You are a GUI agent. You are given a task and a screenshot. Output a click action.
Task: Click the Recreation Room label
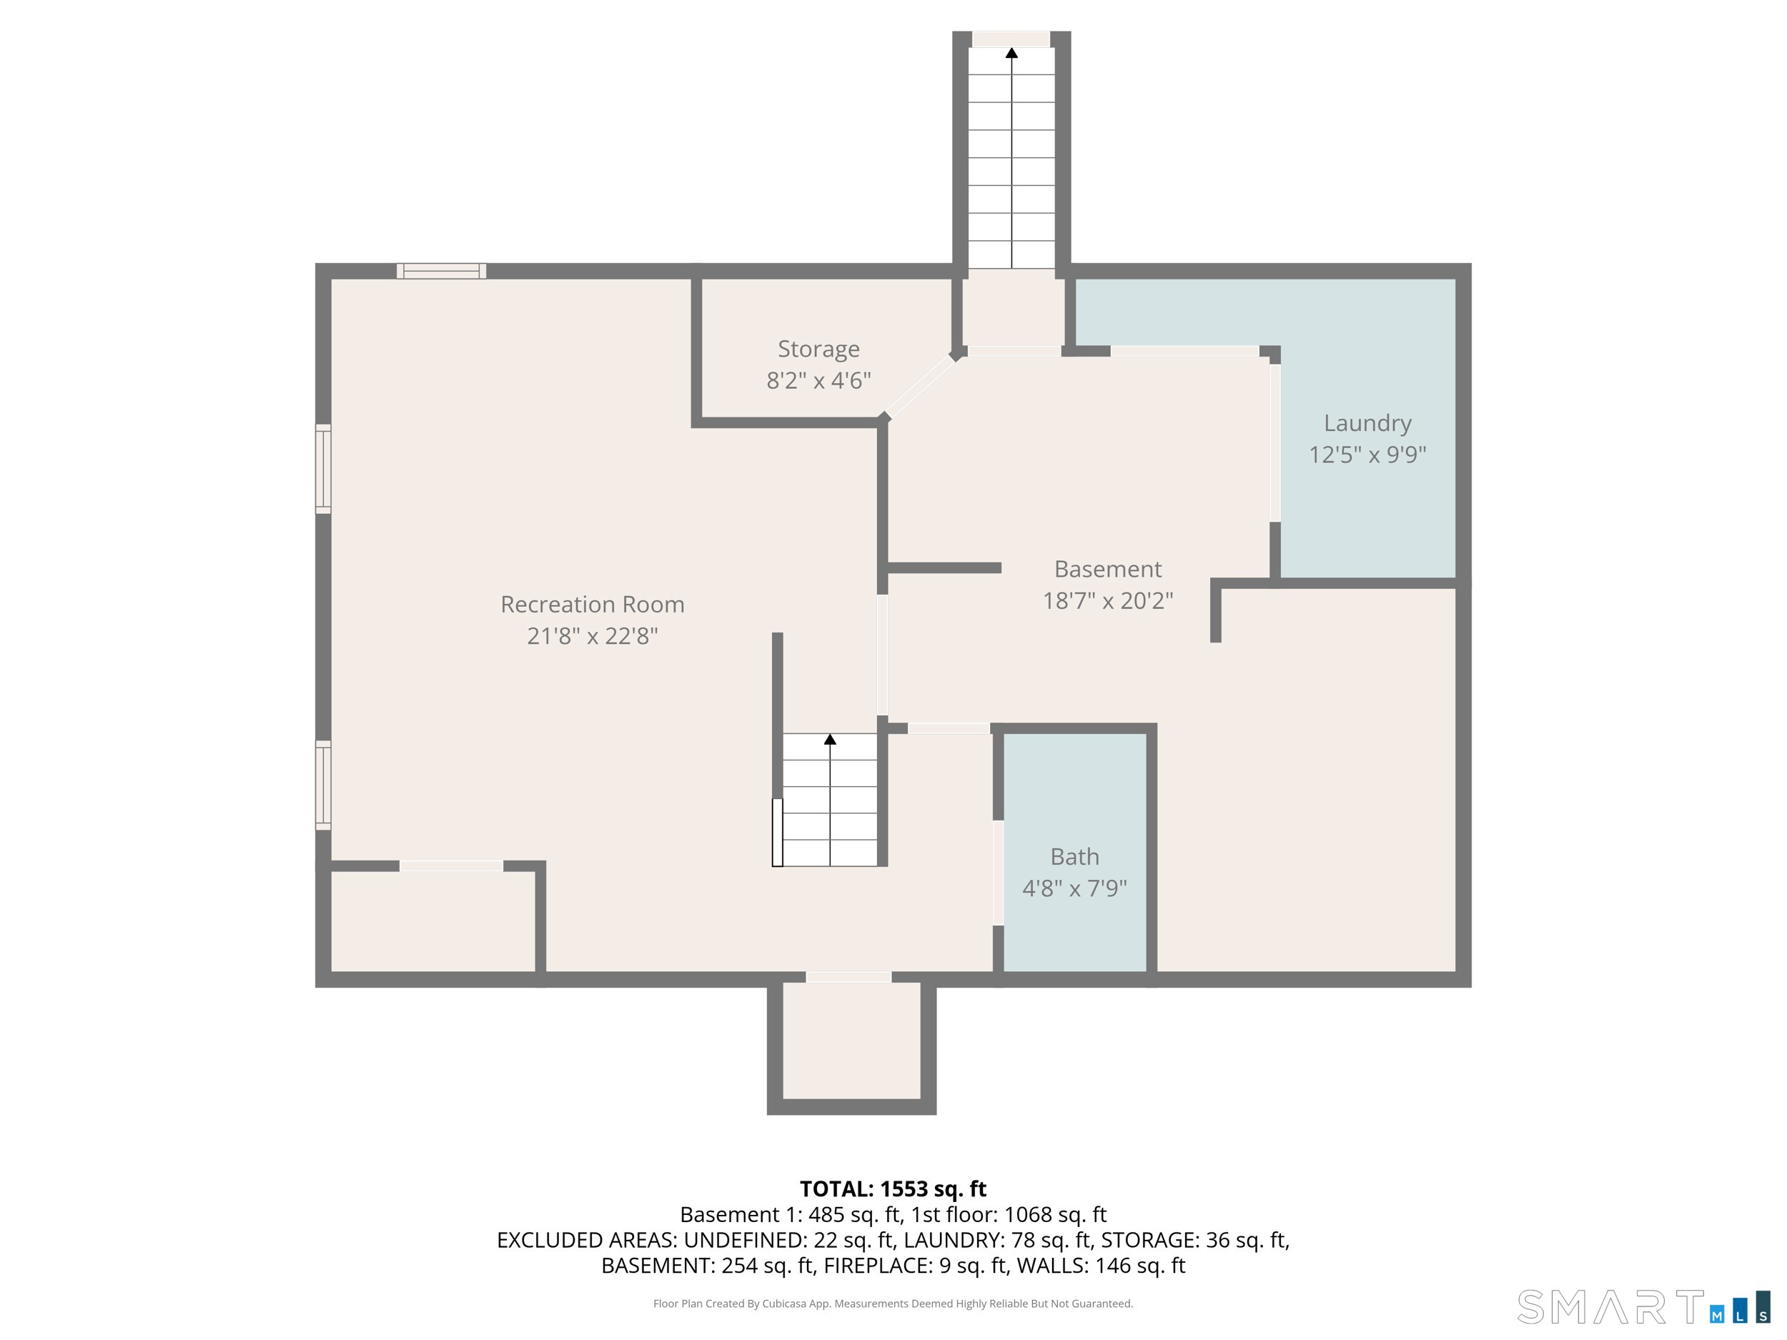click(x=592, y=604)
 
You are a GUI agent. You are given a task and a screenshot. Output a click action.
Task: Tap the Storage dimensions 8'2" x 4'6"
click(x=818, y=380)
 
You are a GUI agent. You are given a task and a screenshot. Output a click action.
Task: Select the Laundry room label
click(x=1367, y=423)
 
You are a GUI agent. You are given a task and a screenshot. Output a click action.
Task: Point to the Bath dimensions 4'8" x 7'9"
click(x=1074, y=888)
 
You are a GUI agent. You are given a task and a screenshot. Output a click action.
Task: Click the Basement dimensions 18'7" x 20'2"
click(x=1108, y=601)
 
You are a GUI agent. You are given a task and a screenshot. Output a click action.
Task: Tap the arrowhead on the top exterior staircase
click(x=1011, y=54)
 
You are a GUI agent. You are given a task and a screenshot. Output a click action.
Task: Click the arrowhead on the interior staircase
click(x=830, y=739)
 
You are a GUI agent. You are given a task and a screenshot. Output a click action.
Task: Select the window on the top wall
click(x=441, y=272)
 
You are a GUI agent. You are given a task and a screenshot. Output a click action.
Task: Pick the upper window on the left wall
click(x=323, y=469)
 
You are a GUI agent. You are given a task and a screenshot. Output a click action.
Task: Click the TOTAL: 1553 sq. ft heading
click(x=893, y=1189)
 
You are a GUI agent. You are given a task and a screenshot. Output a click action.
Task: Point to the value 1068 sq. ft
click(x=1055, y=1215)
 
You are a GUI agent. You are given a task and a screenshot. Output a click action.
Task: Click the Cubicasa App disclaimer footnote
click(x=893, y=1304)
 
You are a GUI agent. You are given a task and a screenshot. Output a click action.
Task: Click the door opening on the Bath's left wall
click(x=998, y=873)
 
